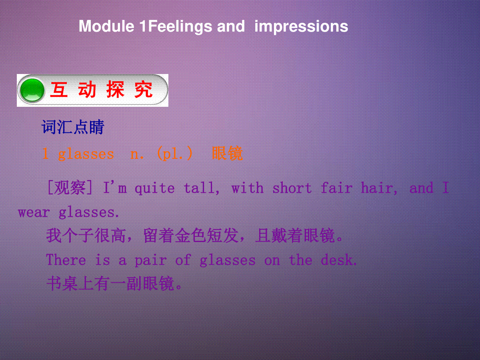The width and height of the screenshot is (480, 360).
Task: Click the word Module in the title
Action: pyautogui.click(x=106, y=26)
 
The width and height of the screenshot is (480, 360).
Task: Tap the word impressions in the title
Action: pyautogui.click(x=301, y=27)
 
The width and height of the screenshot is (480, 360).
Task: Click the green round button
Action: pyautogui.click(x=32, y=90)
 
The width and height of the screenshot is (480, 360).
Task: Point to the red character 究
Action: pyautogui.click(x=144, y=90)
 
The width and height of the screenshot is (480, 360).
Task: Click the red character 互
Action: pyautogui.click(x=59, y=90)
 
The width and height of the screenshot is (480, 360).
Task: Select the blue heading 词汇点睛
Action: pyautogui.click(x=73, y=127)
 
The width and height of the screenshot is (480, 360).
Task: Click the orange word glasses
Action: pyautogui.click(x=86, y=154)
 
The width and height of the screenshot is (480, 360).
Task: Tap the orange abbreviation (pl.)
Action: pyautogui.click(x=175, y=154)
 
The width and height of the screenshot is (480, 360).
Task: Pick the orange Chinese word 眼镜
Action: pyautogui.click(x=228, y=154)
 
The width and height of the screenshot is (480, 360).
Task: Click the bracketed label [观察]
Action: pyautogui.click(x=70, y=188)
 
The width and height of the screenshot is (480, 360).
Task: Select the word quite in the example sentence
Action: pyautogui.click(x=155, y=188)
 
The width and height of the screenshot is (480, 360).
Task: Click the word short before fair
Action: pyautogui.click(x=292, y=188)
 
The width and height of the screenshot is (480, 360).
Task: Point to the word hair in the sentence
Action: pyautogui.click(x=379, y=188)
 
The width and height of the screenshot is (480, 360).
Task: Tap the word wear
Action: pyautogui.click(x=34, y=212)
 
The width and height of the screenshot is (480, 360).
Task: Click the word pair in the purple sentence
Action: pyautogui.click(x=151, y=260)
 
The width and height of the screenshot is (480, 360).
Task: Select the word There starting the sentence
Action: pyautogui.click(x=66, y=260)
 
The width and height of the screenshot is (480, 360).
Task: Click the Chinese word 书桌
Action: pyautogui.click(x=62, y=284)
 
